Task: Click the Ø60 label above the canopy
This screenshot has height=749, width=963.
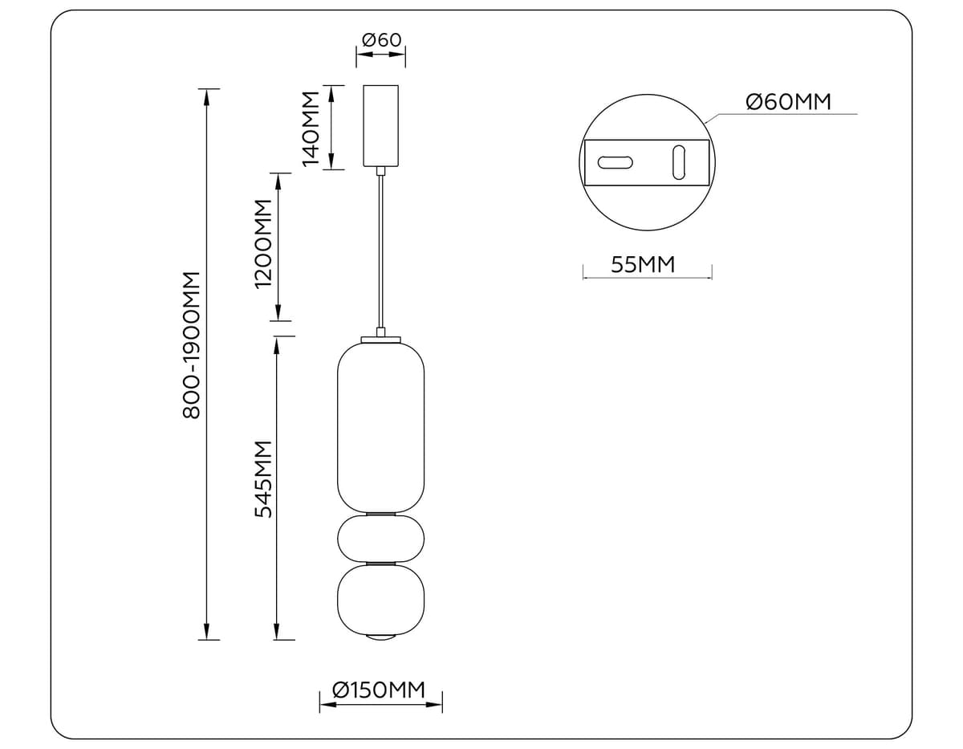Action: tap(381, 39)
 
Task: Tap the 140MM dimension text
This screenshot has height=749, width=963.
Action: tap(311, 128)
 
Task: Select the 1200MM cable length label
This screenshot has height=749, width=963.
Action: tap(263, 243)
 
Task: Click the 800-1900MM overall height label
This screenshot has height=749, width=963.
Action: tap(190, 344)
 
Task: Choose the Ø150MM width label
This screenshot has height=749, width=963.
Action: tap(378, 690)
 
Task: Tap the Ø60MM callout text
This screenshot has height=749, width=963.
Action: tap(788, 102)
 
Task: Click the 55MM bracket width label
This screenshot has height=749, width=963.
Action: tap(643, 264)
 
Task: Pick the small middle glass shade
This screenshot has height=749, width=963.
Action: tap(380, 539)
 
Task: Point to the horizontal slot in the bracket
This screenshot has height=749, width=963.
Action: tap(615, 162)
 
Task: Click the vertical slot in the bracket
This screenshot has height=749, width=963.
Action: tap(678, 162)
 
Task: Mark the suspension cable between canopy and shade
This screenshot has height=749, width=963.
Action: tap(381, 249)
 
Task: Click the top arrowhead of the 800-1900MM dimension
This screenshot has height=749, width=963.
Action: tap(207, 96)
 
